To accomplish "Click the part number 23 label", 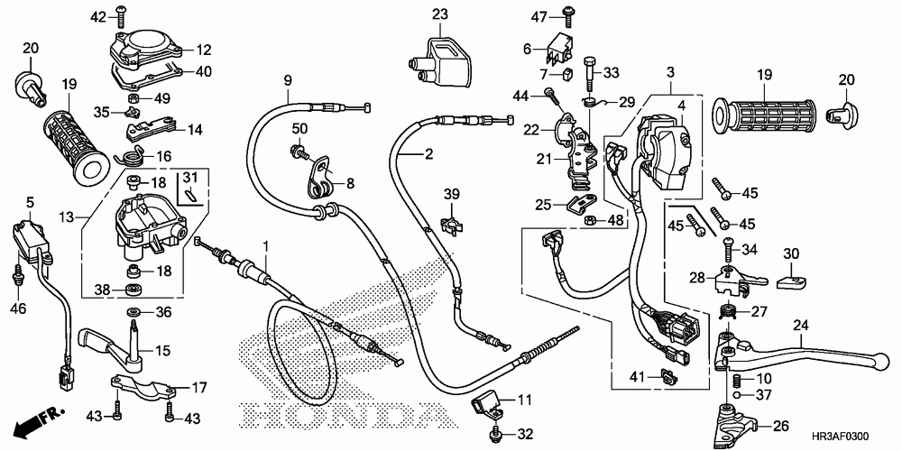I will coord(439,14).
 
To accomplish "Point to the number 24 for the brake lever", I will coord(801,326).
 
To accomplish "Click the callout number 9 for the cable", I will coord(288,80).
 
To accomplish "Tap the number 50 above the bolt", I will coord(299,129).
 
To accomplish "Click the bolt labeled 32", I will coord(496,436).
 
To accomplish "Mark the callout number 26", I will coord(781,427).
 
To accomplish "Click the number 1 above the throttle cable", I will coord(266,246).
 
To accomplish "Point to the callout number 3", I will coord(670,71).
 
